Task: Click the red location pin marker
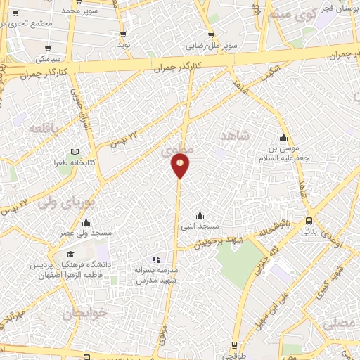[180, 165]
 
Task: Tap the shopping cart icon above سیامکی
[48, 49]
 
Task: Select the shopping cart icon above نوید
[124, 34]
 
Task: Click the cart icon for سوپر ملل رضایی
[211, 35]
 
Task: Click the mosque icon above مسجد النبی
[200, 216]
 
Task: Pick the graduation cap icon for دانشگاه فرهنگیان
[70, 255]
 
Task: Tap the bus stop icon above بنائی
[309, 221]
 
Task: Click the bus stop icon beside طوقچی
[235, 345]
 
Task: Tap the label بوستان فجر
[337, 9]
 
